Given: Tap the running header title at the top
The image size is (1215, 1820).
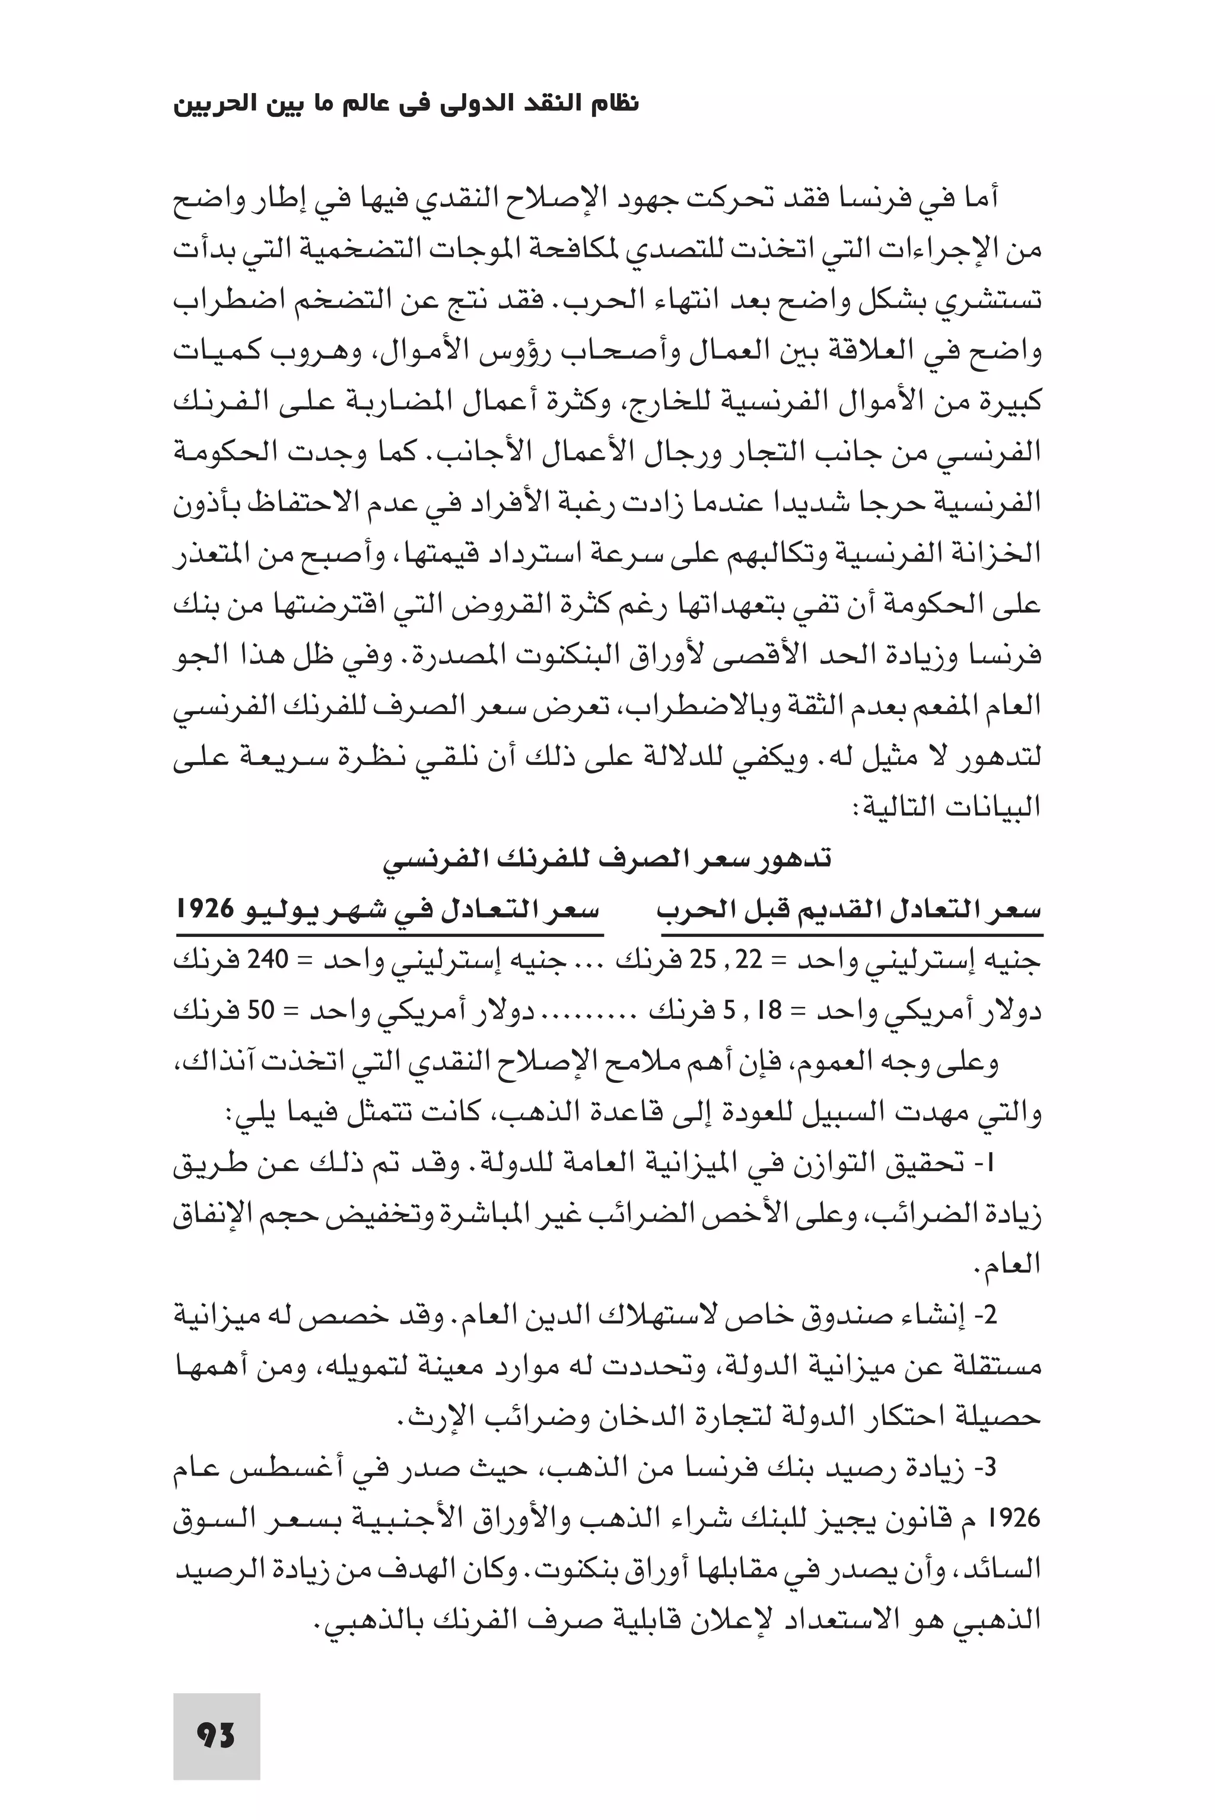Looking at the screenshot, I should click(406, 104).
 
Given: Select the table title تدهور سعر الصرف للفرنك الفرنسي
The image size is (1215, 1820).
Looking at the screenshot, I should click(608, 860).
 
